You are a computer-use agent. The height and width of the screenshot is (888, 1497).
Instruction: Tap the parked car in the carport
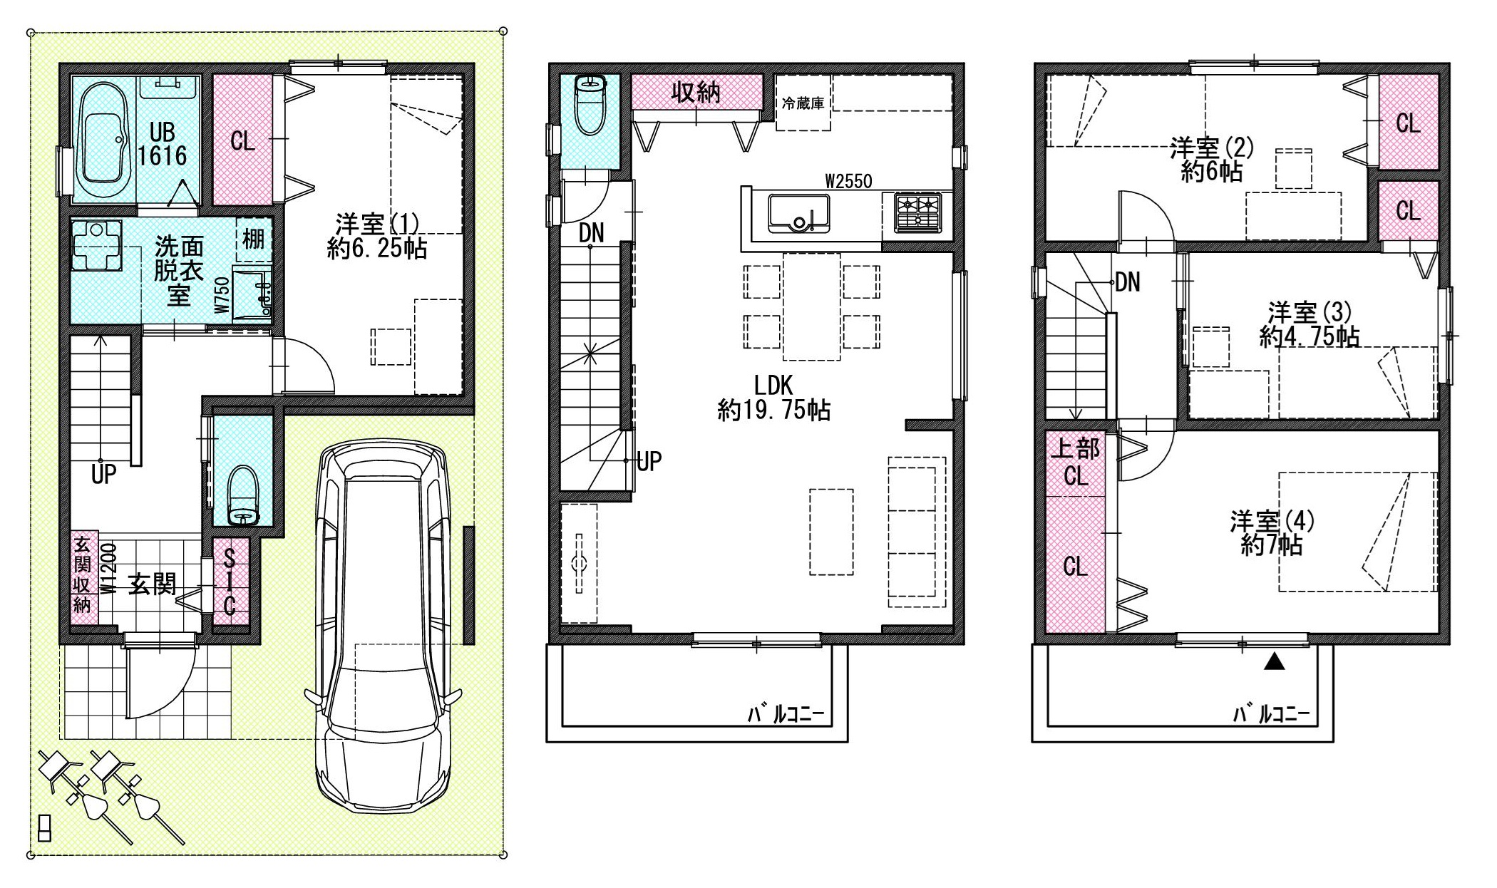384,628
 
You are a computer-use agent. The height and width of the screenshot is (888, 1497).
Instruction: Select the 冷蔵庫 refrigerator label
803,103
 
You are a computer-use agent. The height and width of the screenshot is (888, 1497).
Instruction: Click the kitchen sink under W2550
798,213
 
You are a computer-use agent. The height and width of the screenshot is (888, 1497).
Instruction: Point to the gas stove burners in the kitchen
918,212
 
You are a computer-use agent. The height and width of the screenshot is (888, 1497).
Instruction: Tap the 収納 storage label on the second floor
696,92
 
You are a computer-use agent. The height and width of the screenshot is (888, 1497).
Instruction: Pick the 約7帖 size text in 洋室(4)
1272,545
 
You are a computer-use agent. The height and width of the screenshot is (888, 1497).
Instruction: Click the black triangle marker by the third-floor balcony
1275,662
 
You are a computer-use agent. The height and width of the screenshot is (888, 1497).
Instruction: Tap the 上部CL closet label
1076,462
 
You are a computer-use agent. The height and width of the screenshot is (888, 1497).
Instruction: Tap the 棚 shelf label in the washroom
254,239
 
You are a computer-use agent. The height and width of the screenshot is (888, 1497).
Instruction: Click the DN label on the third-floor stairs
1127,282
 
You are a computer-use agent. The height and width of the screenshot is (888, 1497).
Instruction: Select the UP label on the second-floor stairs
648,461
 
